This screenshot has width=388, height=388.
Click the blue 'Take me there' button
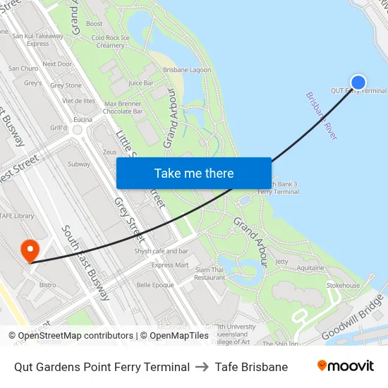pos(194,173)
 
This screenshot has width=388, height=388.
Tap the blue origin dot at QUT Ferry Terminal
pos(358,83)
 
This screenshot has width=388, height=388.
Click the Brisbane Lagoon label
pos(187,70)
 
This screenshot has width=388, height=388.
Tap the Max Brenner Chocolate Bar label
pos(123,107)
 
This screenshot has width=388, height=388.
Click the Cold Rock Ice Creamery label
pos(111,41)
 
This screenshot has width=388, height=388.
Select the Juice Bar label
pos(141,83)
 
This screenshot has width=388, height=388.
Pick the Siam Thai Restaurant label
pos(210,274)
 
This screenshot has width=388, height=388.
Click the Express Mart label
pos(171,265)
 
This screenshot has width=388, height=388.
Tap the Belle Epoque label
pos(155,285)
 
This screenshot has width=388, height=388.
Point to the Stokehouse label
pos(343,286)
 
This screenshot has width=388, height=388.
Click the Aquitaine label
pos(310,268)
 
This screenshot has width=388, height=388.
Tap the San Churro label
pos(23,68)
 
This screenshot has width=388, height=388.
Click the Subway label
pos(79,164)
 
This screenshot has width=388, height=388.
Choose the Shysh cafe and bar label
pos(162,251)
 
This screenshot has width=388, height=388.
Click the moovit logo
pos(346,366)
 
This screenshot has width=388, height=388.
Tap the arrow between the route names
pos(202,367)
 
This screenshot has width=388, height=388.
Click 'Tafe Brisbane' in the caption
pos(251,367)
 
